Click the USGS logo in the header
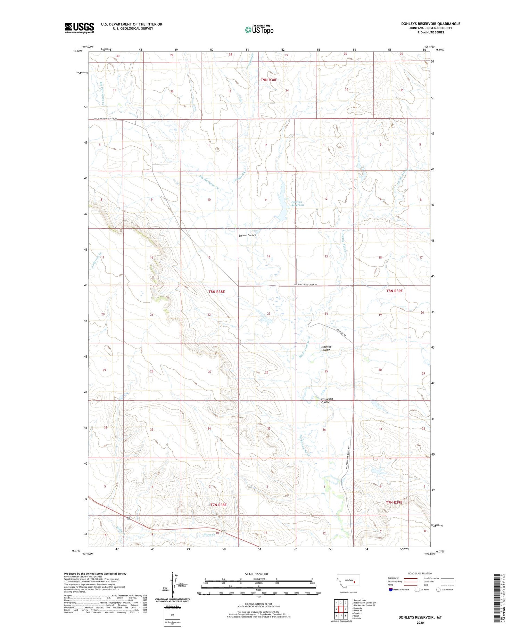(x=79, y=28)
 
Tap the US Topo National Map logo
(x=259, y=30)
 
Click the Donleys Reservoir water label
(x=297, y=204)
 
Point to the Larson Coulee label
(x=247, y=235)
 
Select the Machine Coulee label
(x=326, y=348)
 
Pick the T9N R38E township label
(x=269, y=80)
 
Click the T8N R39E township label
(x=394, y=291)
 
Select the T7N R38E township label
(x=218, y=505)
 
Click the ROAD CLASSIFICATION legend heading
(x=420, y=573)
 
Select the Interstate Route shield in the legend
(x=391, y=590)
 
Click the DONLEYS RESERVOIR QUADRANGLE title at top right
(x=431, y=24)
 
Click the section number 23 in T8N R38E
(x=268, y=314)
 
